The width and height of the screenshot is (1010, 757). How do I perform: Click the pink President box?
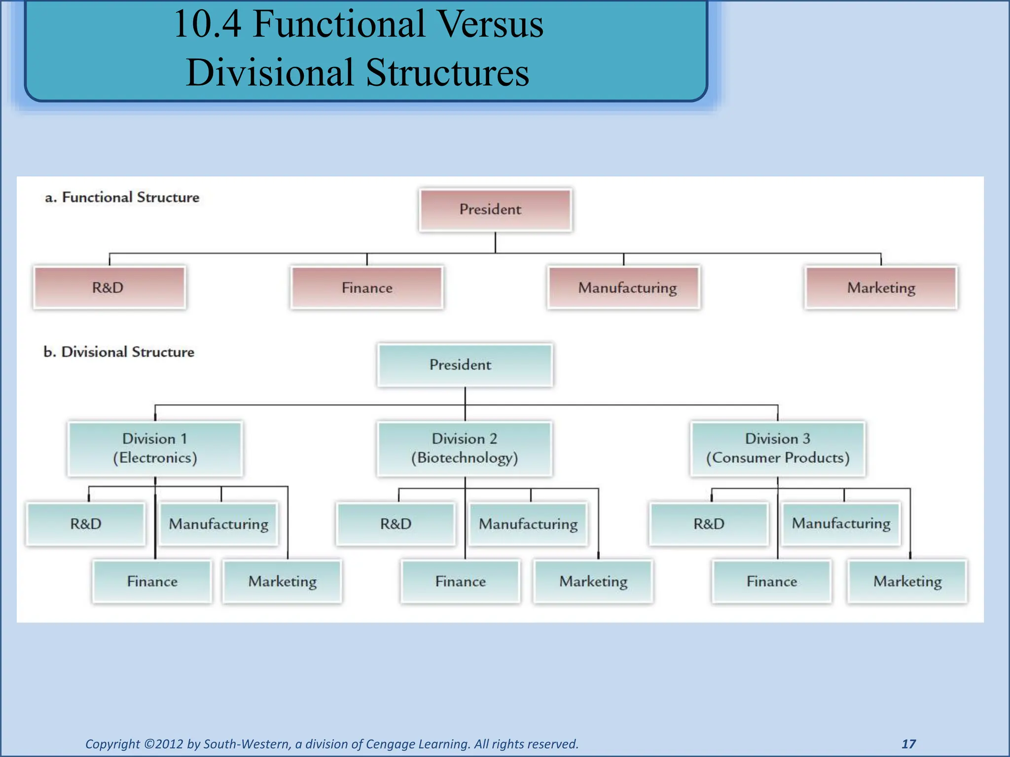(495, 209)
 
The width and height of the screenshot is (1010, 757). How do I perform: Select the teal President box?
(465, 365)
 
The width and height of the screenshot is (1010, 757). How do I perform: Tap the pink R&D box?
(109, 287)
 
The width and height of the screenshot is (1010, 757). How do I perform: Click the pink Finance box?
(367, 287)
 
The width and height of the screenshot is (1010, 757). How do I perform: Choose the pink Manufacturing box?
(623, 287)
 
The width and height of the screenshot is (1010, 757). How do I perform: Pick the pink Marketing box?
(881, 287)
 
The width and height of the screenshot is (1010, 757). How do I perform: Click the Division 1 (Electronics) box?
(155, 448)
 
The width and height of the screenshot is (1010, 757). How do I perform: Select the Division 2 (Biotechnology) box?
(465, 448)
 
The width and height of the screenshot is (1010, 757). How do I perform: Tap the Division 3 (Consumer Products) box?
(778, 448)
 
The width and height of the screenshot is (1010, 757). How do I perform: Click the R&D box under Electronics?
(86, 523)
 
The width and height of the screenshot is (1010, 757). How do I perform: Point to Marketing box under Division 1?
(282, 581)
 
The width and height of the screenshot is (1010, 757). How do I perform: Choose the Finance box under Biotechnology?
(460, 581)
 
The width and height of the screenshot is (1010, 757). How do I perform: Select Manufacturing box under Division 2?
(528, 523)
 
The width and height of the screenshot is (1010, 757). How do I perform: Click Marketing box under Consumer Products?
(907, 581)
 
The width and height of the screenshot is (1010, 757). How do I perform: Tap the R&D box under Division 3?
(709, 523)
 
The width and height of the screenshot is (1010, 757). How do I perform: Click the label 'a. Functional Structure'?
(122, 197)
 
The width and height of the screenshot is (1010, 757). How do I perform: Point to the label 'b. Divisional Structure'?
(119, 352)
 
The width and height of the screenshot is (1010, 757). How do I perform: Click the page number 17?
(908, 744)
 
